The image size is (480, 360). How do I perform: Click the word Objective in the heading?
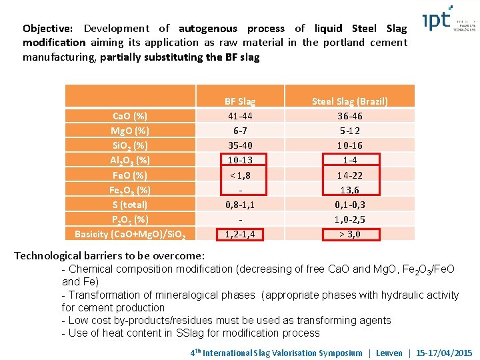(x=48, y=29)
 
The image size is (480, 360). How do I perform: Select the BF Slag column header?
(x=240, y=101)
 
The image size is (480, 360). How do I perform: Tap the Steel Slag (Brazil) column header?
(x=350, y=101)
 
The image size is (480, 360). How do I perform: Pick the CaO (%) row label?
(x=130, y=116)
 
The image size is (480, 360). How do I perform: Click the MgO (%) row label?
(x=130, y=131)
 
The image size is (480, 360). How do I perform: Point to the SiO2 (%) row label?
(x=130, y=145)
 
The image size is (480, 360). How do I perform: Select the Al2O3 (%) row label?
(x=130, y=160)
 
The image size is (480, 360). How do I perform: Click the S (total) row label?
(x=130, y=205)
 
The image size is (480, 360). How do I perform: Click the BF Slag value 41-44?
(x=240, y=116)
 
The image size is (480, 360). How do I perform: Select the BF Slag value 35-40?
(x=240, y=145)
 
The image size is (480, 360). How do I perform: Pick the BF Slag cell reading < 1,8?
(x=240, y=175)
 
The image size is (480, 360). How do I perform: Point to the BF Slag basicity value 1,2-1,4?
(x=240, y=234)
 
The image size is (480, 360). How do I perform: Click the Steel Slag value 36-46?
(x=350, y=116)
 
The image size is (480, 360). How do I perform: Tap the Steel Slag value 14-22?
(x=350, y=175)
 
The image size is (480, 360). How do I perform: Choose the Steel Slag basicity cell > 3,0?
(x=350, y=234)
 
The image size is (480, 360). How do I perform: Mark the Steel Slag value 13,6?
(x=350, y=190)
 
